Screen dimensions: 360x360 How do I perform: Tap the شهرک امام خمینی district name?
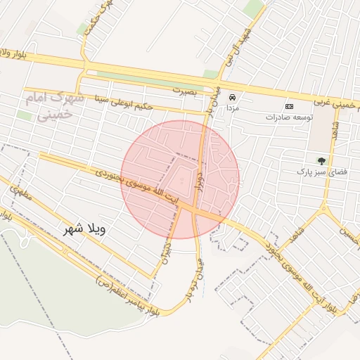[x=54, y=104]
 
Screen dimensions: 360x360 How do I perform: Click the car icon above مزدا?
[x=231, y=98]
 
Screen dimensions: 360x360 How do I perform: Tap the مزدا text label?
[x=231, y=110]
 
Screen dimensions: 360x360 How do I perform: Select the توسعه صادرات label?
[x=289, y=116]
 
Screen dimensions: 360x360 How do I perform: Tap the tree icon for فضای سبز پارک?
[x=321, y=160]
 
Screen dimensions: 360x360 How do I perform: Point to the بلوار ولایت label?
[x=14, y=53]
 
